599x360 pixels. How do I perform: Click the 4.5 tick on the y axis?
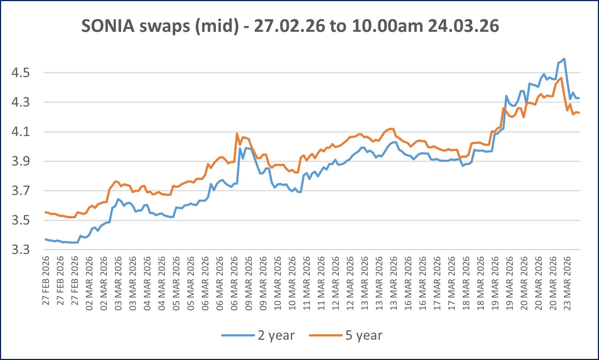tap(20, 73)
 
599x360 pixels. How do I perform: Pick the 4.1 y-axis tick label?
tap(20, 132)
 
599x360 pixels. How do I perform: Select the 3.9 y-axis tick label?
tap(20, 161)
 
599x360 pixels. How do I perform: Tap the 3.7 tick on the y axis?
tap(20, 191)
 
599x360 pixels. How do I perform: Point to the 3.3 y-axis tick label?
tap(20, 250)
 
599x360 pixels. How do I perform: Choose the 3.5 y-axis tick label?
tap(20, 220)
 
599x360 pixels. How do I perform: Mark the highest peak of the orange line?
tap(561, 78)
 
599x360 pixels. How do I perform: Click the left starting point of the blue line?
tap(45, 239)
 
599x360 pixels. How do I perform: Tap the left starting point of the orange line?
tap(45, 212)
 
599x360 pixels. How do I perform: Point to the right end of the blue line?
tap(579, 98)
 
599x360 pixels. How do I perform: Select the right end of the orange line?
tap(579, 113)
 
